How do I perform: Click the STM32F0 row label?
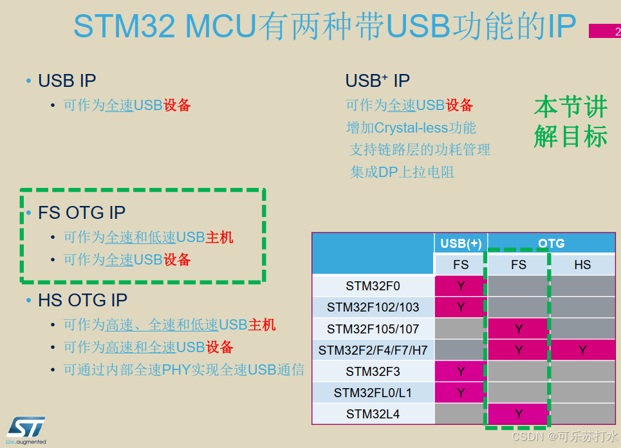coord(373,286)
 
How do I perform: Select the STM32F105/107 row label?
coord(373,329)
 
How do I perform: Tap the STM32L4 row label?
coord(373,414)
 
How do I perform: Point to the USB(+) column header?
coord(461,243)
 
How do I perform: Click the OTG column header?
coord(551,243)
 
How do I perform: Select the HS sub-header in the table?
coord(582,265)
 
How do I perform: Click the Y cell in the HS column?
coord(582,350)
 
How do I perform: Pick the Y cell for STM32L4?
coord(519,414)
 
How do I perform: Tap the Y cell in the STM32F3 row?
coord(461,371)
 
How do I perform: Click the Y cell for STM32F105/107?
coord(519,329)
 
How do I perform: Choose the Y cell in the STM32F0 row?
coord(461,286)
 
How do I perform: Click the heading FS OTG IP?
coord(82,212)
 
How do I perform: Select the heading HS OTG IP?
coord(82,300)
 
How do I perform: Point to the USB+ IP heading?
coord(378,81)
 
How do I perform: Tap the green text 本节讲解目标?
coord(571,122)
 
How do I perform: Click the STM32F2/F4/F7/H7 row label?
coord(373,350)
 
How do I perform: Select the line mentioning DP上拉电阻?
coord(402,172)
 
